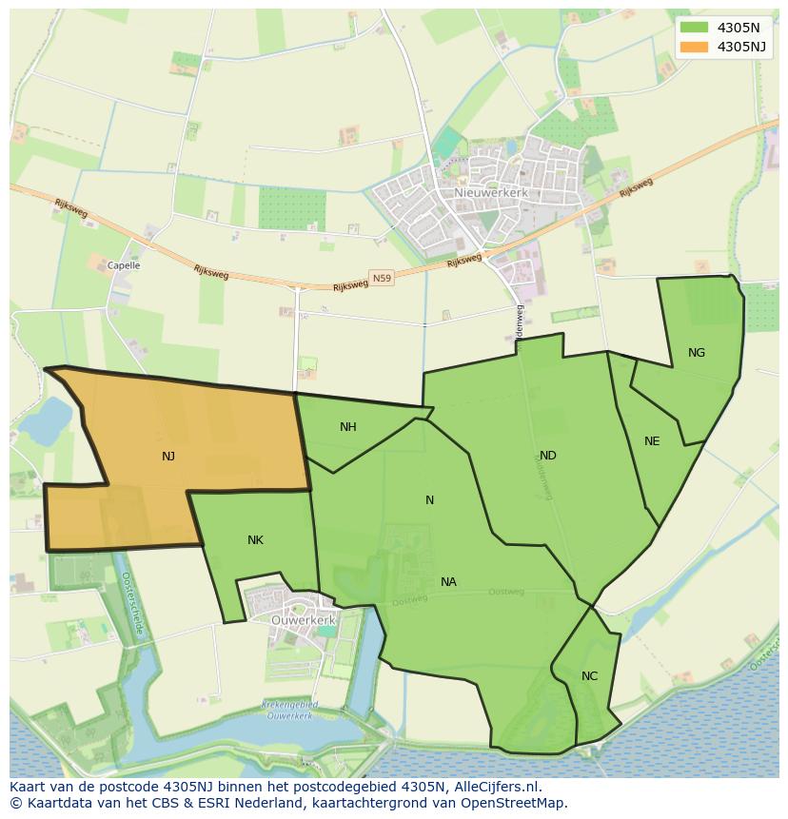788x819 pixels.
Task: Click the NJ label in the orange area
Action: coord(168,457)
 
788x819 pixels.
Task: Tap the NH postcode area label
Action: coord(348,427)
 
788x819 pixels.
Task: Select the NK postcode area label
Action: coord(255,540)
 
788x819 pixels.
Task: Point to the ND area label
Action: coord(548,456)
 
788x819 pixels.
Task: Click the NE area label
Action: coord(652,441)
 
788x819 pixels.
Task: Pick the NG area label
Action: coord(697,353)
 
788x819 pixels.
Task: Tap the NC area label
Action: coord(590,676)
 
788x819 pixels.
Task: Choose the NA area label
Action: coord(448,582)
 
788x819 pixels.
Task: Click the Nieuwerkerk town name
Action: coord(477,192)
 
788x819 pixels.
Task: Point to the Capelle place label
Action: coord(124,266)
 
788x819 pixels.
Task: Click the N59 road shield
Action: coord(382,278)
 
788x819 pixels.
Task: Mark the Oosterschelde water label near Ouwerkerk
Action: coord(132,605)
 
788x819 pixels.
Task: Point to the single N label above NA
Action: coord(429,500)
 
